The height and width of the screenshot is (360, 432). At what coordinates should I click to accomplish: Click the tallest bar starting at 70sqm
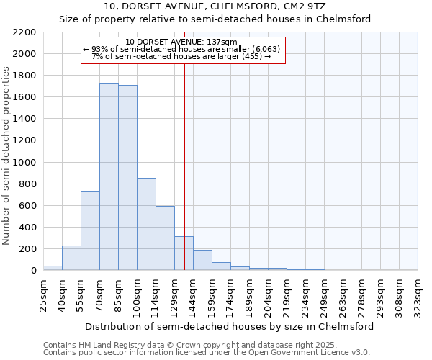(x=109, y=176)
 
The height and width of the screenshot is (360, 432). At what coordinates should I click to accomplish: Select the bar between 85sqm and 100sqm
(x=127, y=178)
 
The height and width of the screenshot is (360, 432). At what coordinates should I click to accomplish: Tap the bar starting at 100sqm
(x=146, y=224)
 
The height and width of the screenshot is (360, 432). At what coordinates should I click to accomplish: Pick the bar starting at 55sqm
(x=90, y=230)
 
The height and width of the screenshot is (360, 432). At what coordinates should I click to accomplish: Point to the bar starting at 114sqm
(x=165, y=238)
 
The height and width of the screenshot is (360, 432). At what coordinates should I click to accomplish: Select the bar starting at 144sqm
(x=202, y=260)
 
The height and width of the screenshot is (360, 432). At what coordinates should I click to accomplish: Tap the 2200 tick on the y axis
(x=24, y=32)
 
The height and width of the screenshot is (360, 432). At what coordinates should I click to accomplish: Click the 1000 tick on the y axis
(x=24, y=163)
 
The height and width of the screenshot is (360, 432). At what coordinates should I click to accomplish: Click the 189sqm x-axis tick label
(x=249, y=295)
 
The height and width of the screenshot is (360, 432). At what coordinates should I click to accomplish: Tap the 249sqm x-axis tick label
(x=324, y=295)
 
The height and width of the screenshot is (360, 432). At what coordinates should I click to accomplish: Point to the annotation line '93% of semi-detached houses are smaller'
(x=184, y=49)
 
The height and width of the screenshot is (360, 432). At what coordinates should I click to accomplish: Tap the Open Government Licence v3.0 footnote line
(x=207, y=352)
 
